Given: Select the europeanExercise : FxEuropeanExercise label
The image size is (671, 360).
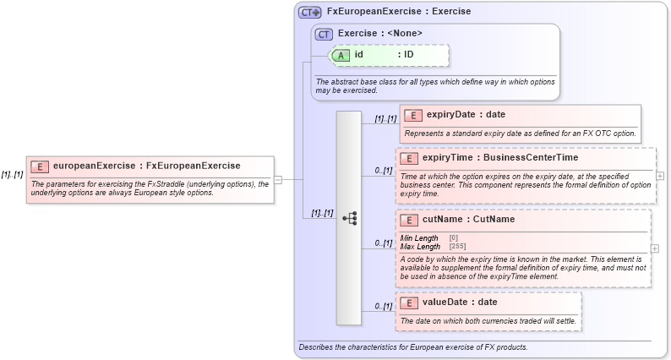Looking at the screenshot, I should (x=146, y=166).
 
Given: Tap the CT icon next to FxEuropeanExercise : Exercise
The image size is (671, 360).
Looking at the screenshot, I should (x=310, y=13).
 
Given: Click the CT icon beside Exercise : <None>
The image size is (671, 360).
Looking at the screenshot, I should (x=324, y=34).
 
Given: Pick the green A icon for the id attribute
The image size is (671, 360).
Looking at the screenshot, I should (x=341, y=55).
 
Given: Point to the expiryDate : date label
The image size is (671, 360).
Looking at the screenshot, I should (x=466, y=115).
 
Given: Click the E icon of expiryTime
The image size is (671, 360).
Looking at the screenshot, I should (x=409, y=158).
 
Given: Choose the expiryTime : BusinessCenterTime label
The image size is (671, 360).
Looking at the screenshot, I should (x=500, y=158).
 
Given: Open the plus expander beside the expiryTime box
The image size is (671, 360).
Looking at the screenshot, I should (x=660, y=176).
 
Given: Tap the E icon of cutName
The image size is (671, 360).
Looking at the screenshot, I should (x=409, y=220).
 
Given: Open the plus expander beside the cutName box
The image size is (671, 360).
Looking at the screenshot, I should (x=655, y=249).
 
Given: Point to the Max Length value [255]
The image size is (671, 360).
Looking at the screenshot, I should (x=457, y=246).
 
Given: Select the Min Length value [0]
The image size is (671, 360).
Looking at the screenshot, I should (x=454, y=237).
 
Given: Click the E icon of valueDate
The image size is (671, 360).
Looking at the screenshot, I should (x=409, y=303).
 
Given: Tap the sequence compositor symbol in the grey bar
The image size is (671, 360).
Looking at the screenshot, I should (x=349, y=218).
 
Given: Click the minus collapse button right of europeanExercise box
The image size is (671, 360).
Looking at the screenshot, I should (x=278, y=179).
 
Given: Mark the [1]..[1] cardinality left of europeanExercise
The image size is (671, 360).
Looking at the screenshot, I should (x=12, y=174).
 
